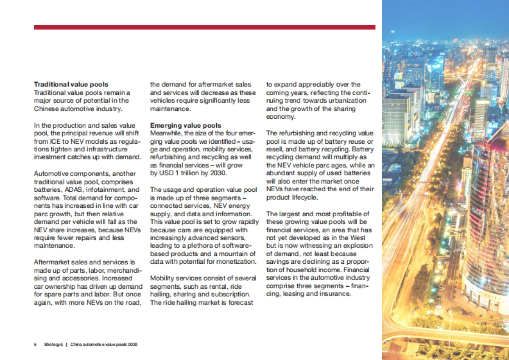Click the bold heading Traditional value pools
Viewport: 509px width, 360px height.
pyautogui.click(x=71, y=84)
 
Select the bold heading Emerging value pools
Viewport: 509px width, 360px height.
pyautogui.click(x=185, y=125)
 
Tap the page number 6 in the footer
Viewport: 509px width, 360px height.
pyautogui.click(x=35, y=344)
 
